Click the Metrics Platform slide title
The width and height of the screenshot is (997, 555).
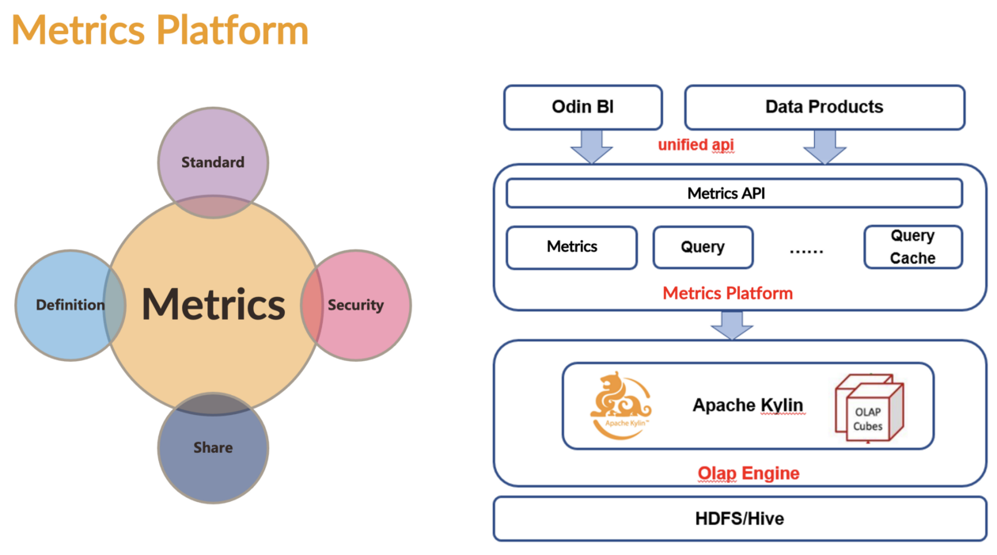[x=160, y=30]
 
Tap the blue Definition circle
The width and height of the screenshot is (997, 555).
[x=63, y=305]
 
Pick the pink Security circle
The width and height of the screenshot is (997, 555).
[x=360, y=305]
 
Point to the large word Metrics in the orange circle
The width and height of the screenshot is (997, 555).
[x=213, y=305]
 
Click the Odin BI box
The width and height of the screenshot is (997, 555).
[x=583, y=107]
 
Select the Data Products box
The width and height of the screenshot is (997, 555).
[x=824, y=107]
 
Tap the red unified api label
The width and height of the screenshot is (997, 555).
[x=696, y=145]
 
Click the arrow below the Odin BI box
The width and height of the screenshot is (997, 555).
[x=591, y=146]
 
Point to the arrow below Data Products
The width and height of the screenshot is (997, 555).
[x=825, y=146]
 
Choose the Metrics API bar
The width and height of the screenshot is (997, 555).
[x=734, y=193]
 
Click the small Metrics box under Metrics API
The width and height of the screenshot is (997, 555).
[x=571, y=247]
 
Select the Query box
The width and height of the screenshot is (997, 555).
[x=703, y=247]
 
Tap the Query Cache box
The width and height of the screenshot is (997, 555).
[x=912, y=247]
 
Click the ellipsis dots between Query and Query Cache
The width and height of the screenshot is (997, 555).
[x=806, y=249]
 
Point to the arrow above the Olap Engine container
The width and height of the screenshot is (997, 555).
[x=732, y=325]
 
